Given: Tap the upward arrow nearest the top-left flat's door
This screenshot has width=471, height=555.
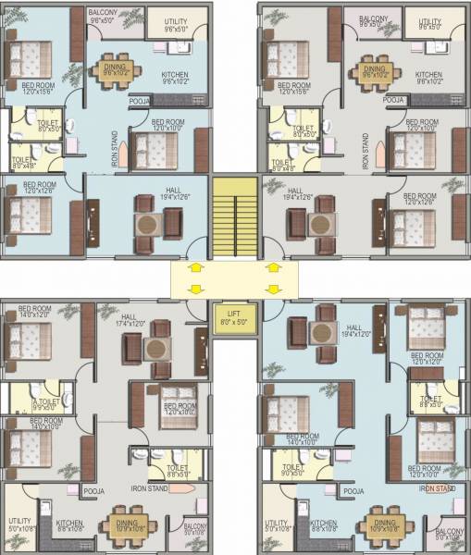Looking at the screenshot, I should [196, 267].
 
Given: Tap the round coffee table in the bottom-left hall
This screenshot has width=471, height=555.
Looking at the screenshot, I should [155, 347].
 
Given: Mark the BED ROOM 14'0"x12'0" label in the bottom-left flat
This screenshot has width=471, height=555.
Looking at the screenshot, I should [34, 311].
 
